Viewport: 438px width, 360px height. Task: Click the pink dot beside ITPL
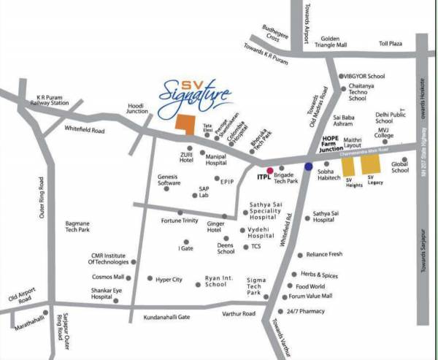pos(269,170)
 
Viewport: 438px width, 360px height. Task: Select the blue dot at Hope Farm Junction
pos(309,166)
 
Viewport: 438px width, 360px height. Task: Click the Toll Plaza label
pos(391,43)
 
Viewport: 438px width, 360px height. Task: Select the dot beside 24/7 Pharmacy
pos(284,311)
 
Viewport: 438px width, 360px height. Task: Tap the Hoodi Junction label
pos(138,107)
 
